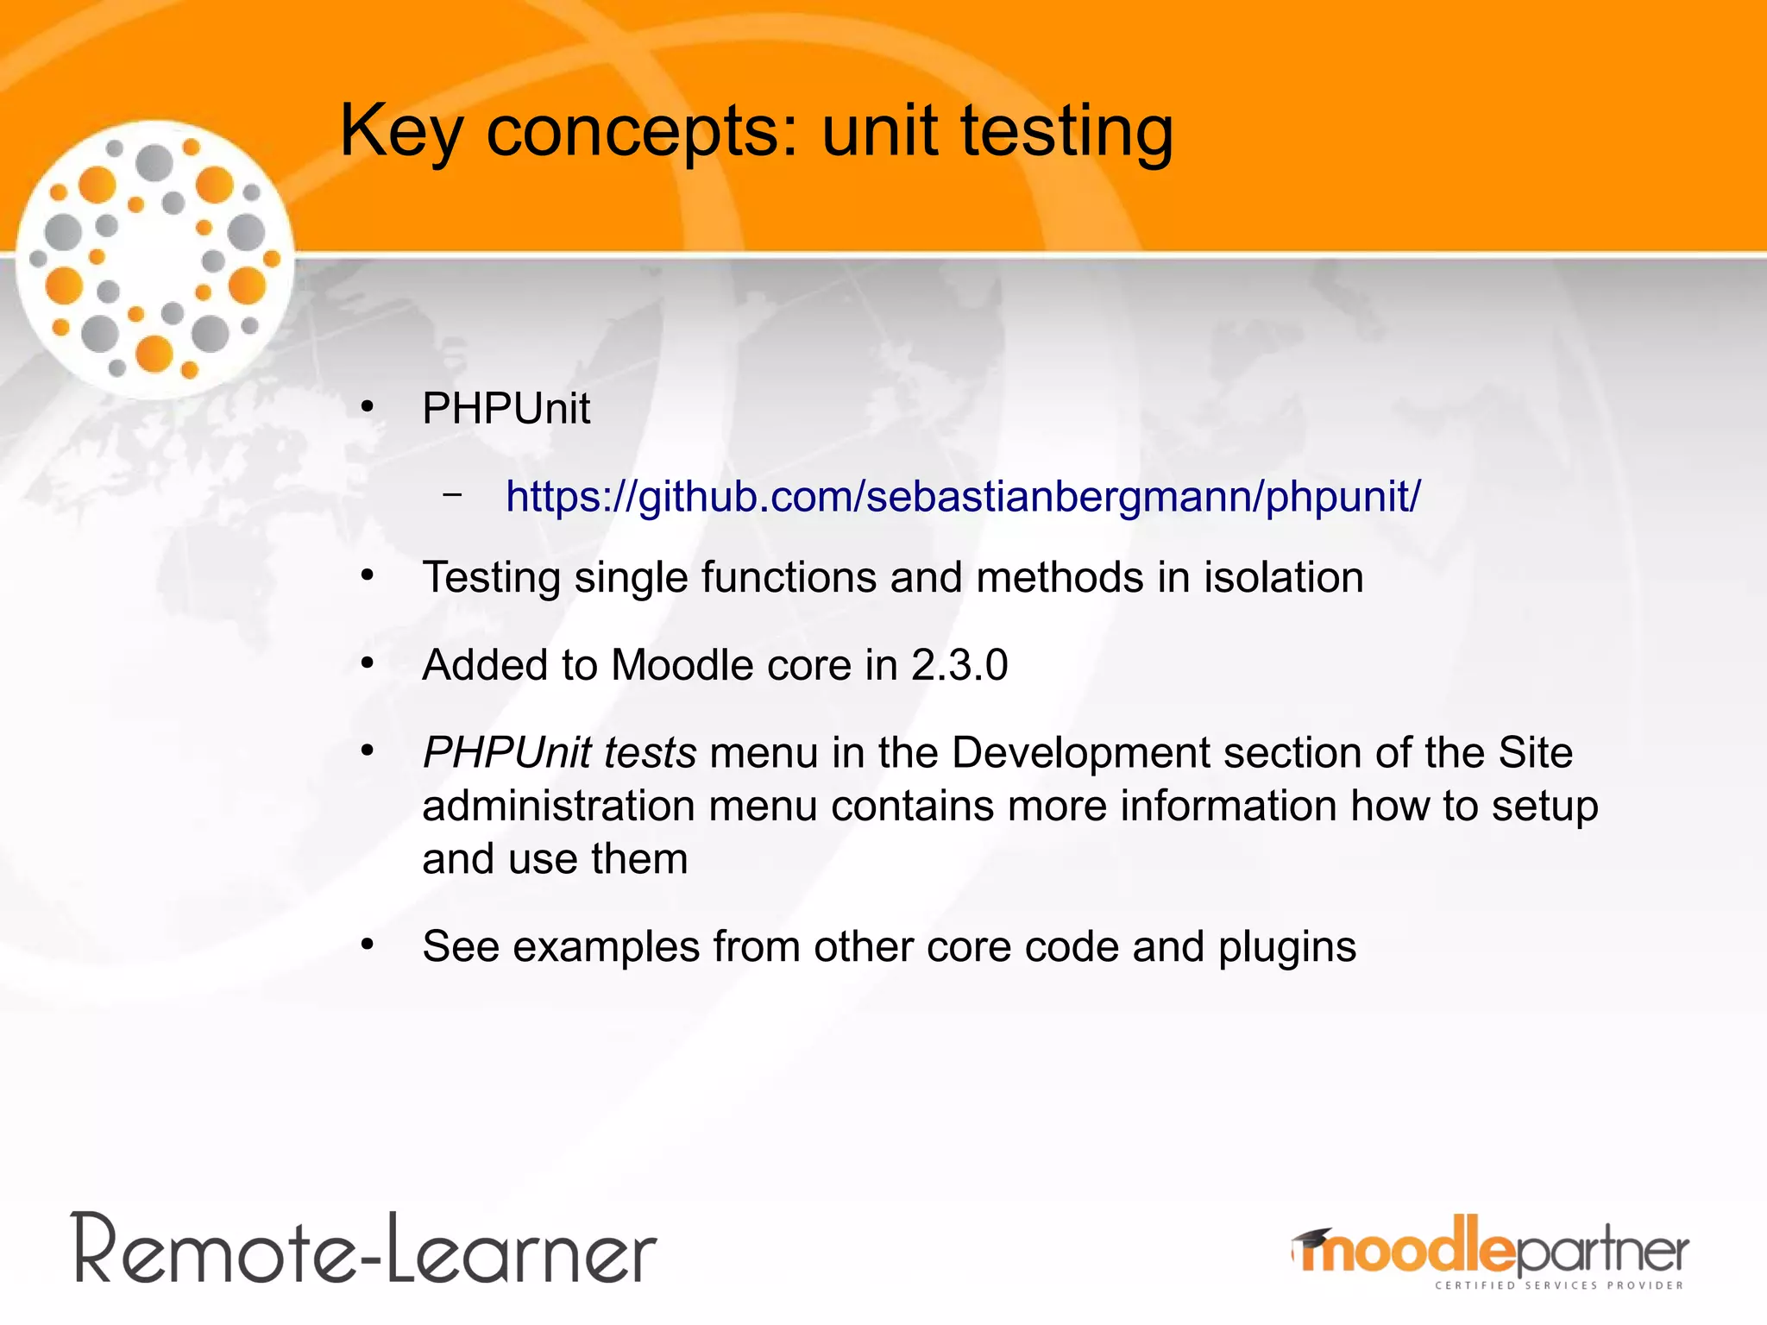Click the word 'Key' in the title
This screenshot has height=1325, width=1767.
click(401, 131)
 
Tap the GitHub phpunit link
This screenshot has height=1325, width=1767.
click(963, 497)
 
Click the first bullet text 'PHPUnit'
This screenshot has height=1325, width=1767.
click(506, 408)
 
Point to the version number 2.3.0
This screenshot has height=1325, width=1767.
click(959, 665)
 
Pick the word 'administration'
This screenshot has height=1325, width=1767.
click(558, 806)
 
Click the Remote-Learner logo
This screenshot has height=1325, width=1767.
click(365, 1249)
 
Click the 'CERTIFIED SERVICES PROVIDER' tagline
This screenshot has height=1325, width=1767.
click(1558, 1285)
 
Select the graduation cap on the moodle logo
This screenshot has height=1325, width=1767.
click(1312, 1238)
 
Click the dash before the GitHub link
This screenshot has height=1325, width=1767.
click(451, 495)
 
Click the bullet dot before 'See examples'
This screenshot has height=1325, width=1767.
click(368, 945)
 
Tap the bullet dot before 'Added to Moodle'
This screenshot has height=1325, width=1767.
click(368, 663)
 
